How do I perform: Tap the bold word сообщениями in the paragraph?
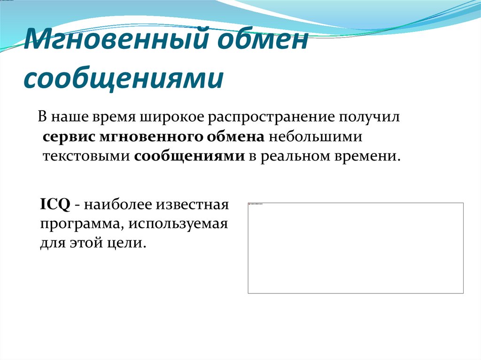click(189, 156)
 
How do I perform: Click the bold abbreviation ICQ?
click(55, 205)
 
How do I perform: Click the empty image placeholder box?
click(356, 248)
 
